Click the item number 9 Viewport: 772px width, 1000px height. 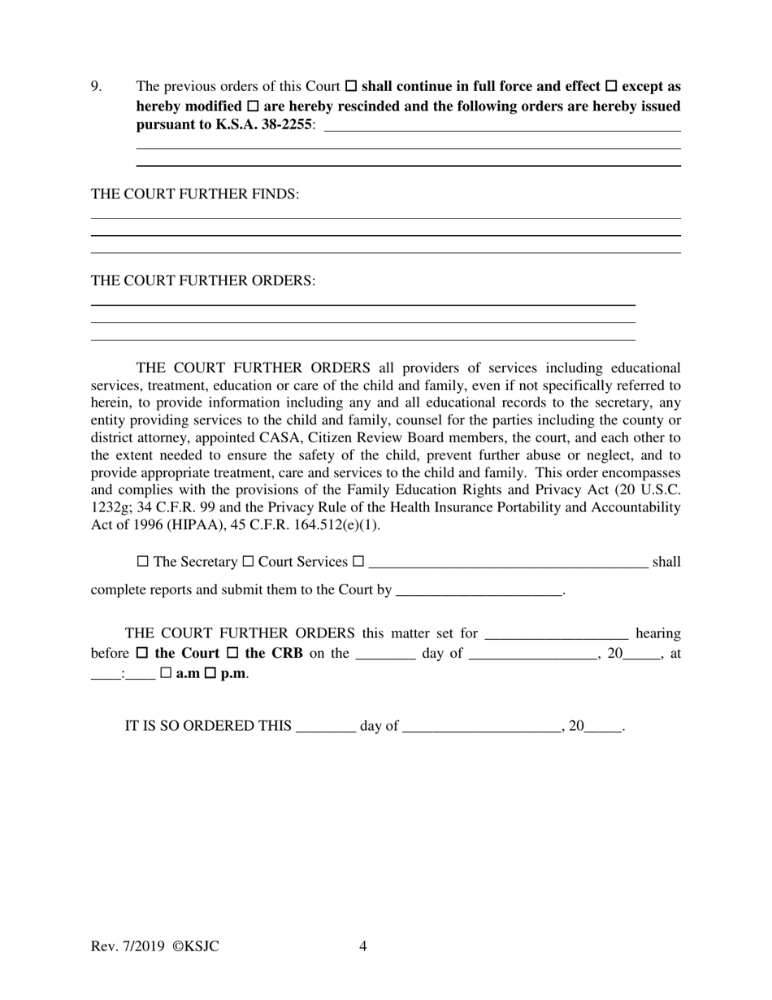[x=96, y=86]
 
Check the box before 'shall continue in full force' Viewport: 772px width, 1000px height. [x=351, y=86]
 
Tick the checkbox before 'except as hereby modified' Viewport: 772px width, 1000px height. [x=612, y=86]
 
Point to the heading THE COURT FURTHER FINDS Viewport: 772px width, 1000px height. [x=195, y=194]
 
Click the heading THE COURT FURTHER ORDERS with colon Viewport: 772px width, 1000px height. [x=203, y=280]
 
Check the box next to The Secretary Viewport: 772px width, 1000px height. [x=143, y=562]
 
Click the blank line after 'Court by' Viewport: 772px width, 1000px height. [x=479, y=590]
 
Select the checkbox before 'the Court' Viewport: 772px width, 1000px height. [x=142, y=653]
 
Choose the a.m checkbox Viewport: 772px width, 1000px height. [x=166, y=674]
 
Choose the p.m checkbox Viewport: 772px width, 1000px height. [x=211, y=674]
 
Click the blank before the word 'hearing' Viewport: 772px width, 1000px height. [x=556, y=633]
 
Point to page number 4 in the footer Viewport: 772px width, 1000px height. [x=362, y=946]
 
